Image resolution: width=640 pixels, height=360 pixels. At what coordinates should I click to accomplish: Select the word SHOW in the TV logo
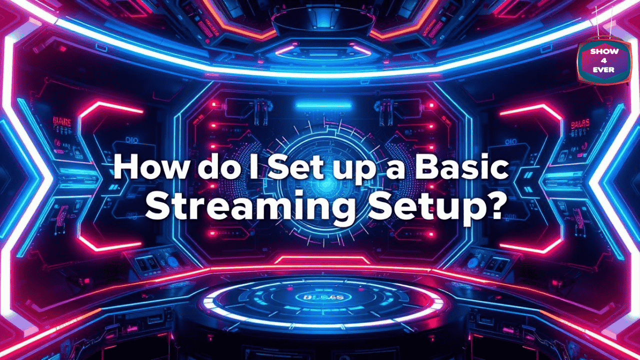coord(604,51)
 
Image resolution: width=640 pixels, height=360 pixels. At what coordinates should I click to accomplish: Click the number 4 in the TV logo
coord(604,60)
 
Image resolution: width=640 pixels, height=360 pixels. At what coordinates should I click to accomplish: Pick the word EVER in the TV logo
coord(604,69)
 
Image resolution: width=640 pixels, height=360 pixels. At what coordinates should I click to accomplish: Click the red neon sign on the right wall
coord(580,122)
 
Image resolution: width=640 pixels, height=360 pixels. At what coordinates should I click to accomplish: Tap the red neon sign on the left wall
coord(62,121)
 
